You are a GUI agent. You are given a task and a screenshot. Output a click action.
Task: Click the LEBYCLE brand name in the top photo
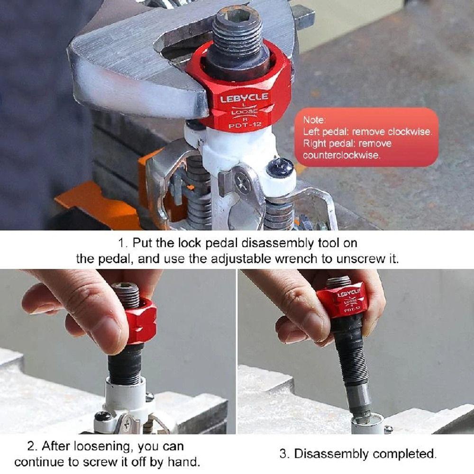(x=244, y=98)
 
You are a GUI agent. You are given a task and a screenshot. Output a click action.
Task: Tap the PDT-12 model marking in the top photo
(x=245, y=125)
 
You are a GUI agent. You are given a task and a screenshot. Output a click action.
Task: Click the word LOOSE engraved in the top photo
(x=244, y=111)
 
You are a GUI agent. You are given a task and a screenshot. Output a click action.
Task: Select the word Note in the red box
(x=314, y=120)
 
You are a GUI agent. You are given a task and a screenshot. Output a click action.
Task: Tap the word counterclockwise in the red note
(x=342, y=155)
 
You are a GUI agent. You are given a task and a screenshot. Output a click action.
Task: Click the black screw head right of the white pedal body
(x=280, y=167)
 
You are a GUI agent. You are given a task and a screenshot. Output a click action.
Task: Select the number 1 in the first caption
(x=121, y=243)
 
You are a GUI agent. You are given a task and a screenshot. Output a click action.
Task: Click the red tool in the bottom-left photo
(x=141, y=321)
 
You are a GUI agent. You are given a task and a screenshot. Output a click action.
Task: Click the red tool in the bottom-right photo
(x=342, y=301)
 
